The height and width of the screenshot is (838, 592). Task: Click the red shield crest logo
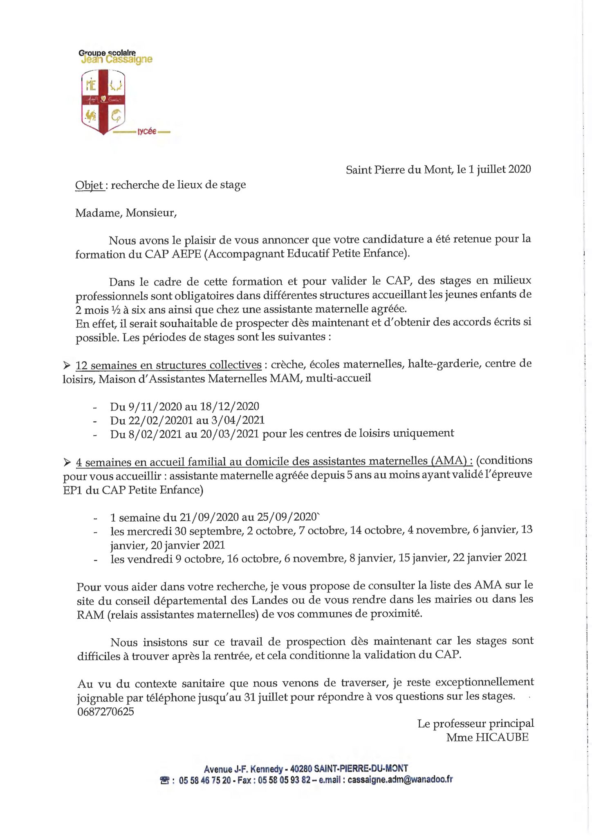103,101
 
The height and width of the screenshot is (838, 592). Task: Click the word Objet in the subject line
90,185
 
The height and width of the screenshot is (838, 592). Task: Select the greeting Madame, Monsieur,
126,213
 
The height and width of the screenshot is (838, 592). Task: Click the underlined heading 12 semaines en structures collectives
168,365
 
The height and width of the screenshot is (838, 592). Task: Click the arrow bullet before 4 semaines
67,462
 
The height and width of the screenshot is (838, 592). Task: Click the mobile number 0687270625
105,712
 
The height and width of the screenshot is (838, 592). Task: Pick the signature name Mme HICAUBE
487,737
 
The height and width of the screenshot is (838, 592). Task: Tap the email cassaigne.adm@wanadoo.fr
400,779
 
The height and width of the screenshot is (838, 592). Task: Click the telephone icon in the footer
164,780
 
